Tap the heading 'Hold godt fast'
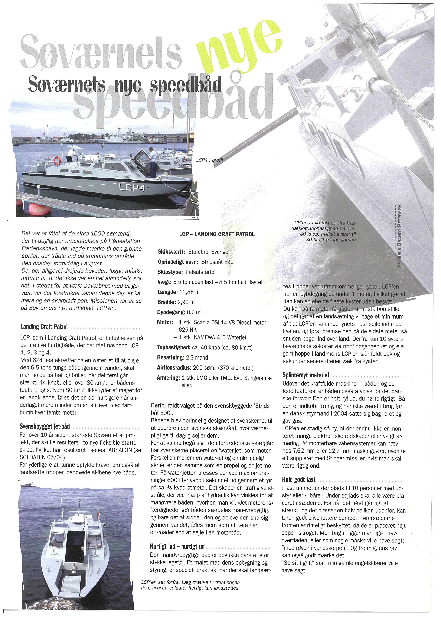pyautogui.click(x=299, y=479)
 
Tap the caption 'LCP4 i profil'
pyautogui.click(x=209, y=160)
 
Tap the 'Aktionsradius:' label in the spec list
pyautogui.click(x=174, y=368)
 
